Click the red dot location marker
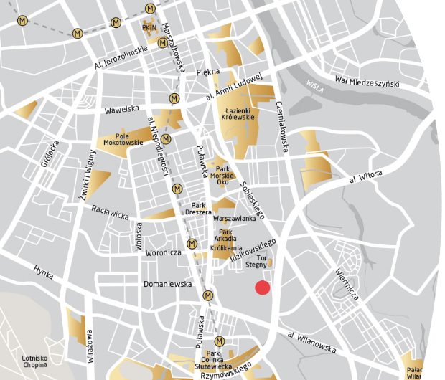(x=263, y=288)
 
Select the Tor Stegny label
(x=256, y=260)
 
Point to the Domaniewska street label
(x=167, y=284)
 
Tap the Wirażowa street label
(x=90, y=346)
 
